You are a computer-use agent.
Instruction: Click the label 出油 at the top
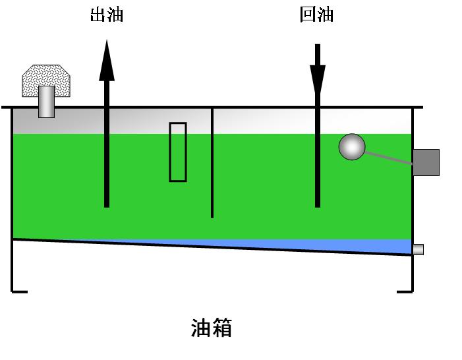tap(107, 15)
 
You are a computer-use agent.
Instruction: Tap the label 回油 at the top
tap(316, 15)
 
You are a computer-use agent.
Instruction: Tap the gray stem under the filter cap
tap(46, 102)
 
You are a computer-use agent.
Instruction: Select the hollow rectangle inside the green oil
tap(178, 152)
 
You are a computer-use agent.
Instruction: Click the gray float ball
tap(352, 147)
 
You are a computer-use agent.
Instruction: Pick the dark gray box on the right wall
tap(425, 162)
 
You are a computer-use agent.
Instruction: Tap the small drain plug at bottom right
tap(418, 249)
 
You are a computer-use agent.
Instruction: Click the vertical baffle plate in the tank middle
tap(212, 165)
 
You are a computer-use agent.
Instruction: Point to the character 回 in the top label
tap(308, 15)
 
